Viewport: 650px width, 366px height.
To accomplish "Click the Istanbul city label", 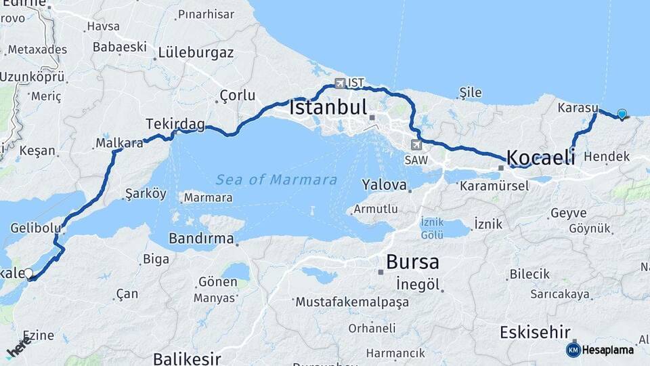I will [328, 108].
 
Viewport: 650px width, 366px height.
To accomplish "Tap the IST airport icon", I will [340, 83].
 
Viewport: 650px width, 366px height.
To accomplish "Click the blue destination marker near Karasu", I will [622, 114].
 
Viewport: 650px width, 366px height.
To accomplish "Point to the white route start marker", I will [28, 274].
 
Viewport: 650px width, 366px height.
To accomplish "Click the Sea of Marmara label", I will [276, 180].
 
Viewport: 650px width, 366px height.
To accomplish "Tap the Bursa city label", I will [412, 262].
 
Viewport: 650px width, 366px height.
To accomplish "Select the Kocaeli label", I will [541, 157].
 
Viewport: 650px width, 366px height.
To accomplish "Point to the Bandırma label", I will [201, 239].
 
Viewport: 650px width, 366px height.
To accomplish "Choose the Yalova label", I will [384, 184].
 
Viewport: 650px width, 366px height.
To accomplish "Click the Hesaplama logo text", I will [607, 350].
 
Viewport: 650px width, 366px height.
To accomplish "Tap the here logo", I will [18, 348].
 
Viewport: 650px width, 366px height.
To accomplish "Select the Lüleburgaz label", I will [196, 53].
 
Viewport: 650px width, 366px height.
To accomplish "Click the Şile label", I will [470, 92].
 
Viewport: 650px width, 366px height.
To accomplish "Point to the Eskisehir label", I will [537, 332].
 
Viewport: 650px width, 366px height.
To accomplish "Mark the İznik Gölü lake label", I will [432, 228].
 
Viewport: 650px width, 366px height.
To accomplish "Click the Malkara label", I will [119, 143].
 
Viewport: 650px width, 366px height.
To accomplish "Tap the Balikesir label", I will [187, 358].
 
